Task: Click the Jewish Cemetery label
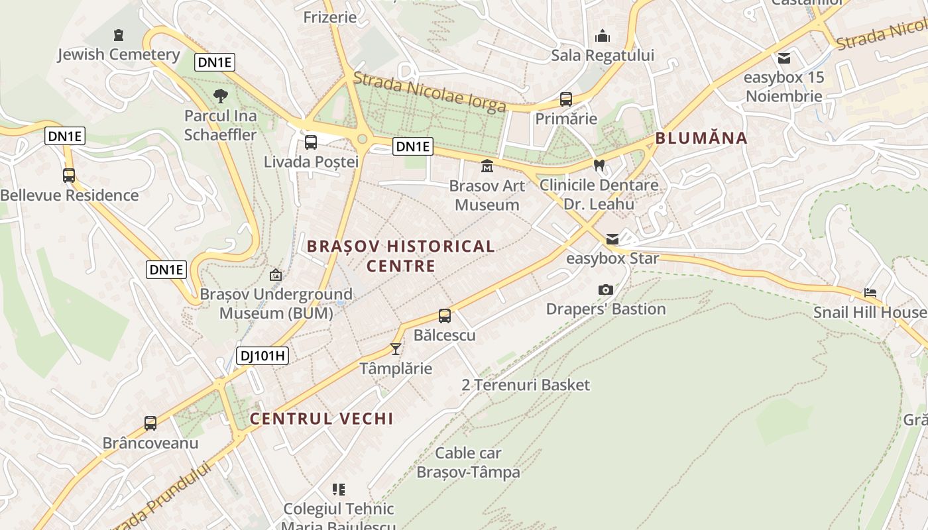point(119,54)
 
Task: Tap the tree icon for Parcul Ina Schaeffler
point(221,96)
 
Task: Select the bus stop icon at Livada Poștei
point(310,142)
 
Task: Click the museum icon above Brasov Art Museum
point(487,166)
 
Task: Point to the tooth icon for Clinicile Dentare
point(599,165)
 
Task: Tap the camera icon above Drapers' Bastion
point(605,290)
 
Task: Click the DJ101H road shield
point(262,356)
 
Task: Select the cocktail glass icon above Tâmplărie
point(396,348)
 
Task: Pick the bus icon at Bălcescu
point(445,316)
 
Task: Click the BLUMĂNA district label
point(701,138)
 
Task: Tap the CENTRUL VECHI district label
point(321,419)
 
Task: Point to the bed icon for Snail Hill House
point(870,292)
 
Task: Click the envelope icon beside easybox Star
point(612,238)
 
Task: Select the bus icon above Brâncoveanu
point(150,423)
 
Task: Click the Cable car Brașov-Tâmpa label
point(468,462)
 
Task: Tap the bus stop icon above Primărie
point(565,99)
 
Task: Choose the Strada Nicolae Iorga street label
point(430,91)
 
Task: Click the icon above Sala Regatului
point(603,36)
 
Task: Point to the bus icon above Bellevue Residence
point(69,176)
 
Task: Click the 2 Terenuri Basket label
point(526,385)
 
